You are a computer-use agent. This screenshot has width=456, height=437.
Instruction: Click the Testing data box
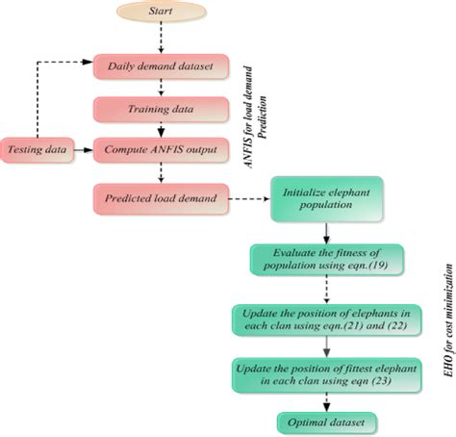tap(37, 150)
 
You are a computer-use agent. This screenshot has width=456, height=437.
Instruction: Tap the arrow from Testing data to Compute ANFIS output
tap(82, 150)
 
